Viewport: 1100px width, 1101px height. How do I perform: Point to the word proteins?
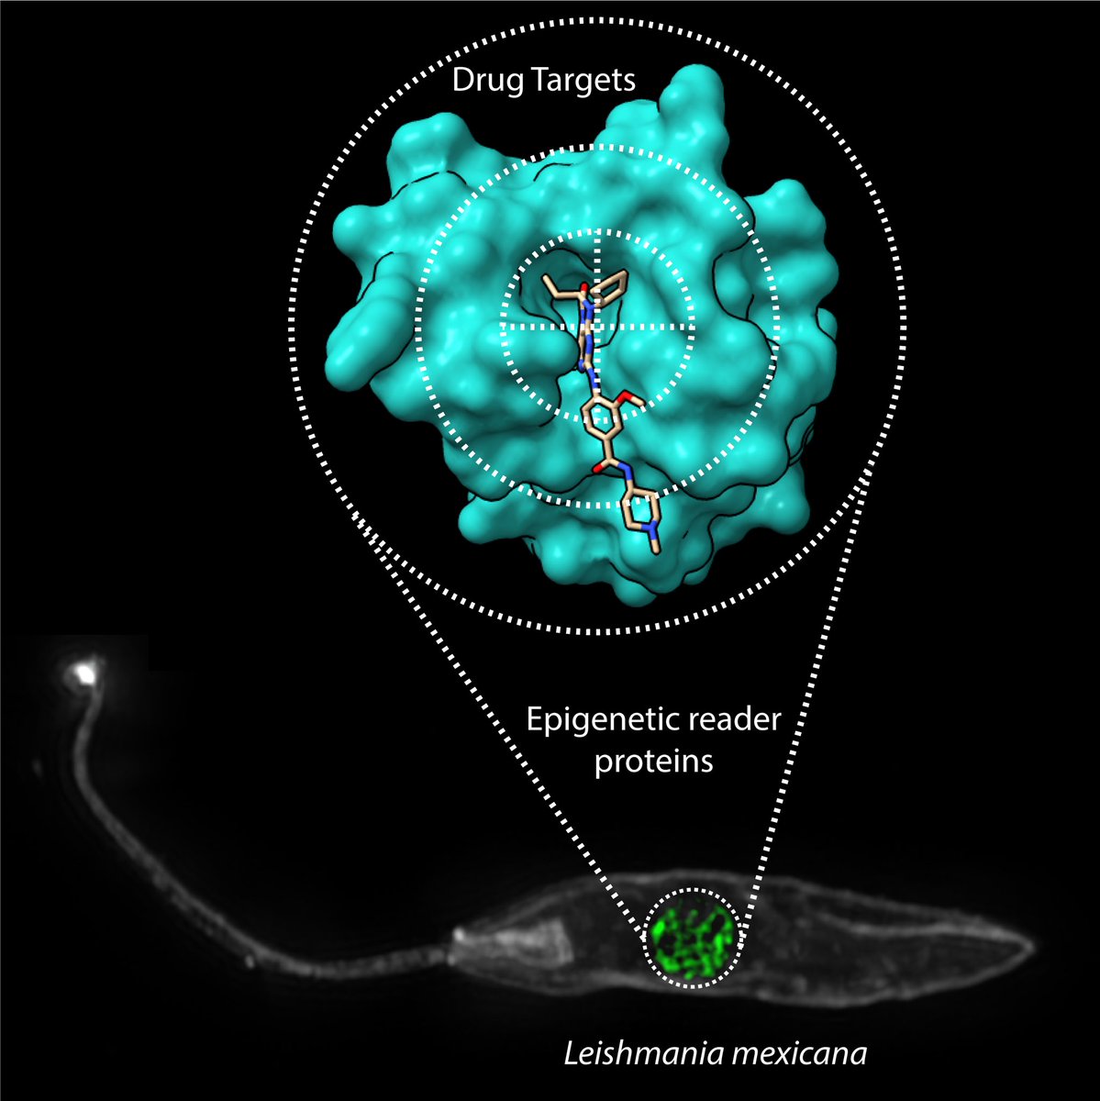click(654, 762)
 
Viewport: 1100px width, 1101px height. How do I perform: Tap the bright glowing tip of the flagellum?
click(83, 673)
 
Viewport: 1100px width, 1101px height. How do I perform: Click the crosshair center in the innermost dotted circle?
click(597, 326)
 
